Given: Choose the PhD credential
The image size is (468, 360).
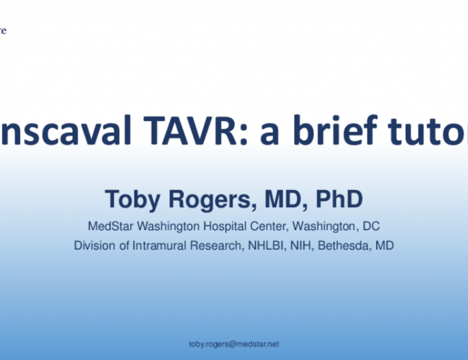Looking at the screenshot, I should (335, 199).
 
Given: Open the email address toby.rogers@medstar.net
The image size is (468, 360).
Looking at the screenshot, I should (233, 344).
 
